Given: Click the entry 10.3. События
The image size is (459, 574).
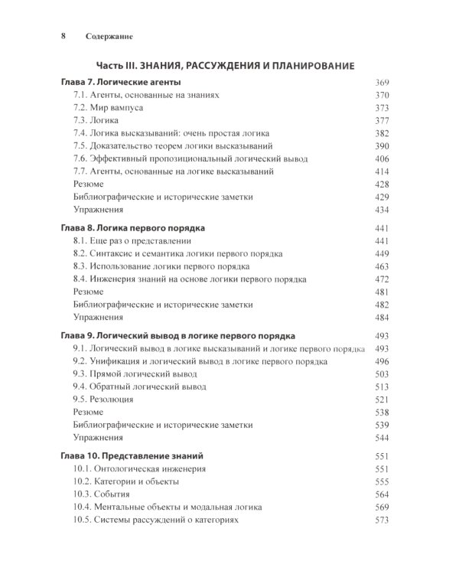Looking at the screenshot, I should (107, 494).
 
